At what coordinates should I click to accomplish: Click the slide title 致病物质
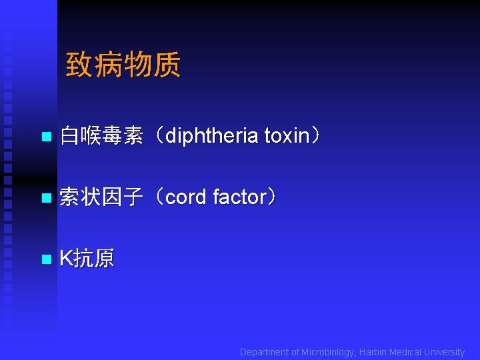pyautogui.click(x=123, y=65)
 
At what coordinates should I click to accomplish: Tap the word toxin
pyautogui.click(x=287, y=136)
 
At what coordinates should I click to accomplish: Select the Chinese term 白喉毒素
pyautogui.click(x=101, y=137)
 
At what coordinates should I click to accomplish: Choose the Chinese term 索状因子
pyautogui.click(x=101, y=197)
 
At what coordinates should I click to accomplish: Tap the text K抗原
pyautogui.click(x=87, y=259)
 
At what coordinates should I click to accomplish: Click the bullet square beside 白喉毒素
pyautogui.click(x=45, y=137)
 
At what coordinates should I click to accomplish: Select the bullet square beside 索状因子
pyautogui.click(x=45, y=198)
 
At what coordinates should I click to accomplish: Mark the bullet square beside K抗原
pyautogui.click(x=45, y=259)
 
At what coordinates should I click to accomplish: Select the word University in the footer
pyautogui.click(x=444, y=352)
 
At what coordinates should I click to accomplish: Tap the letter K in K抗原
pyautogui.click(x=65, y=259)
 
